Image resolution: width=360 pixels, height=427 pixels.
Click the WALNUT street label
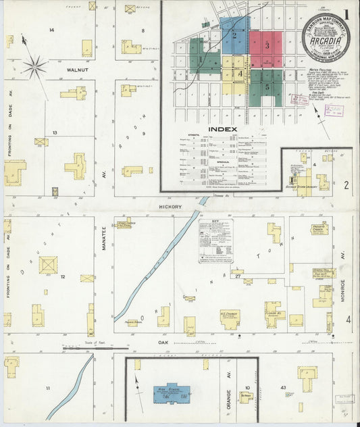[78, 69]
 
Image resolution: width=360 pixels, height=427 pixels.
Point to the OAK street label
[163, 343]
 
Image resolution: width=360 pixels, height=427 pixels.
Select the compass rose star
[34, 66]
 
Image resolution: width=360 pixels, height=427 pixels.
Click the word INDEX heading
[223, 129]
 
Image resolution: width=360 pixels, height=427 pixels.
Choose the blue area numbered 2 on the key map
[234, 35]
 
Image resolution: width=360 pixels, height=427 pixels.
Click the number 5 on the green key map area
[267, 86]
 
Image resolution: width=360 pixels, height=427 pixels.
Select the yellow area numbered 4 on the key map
[238, 73]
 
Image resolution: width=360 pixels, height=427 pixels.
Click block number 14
[51, 30]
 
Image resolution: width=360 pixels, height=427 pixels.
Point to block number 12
[61, 277]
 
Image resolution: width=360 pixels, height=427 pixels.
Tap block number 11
[48, 388]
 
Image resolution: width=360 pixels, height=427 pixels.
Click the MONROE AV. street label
[342, 261]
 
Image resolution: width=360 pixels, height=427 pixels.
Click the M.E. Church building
[230, 318]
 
